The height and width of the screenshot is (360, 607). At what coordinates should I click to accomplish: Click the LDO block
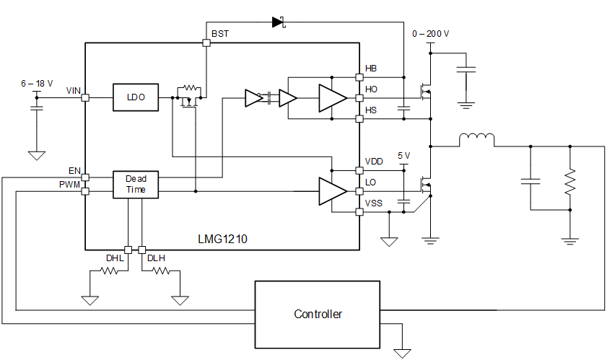(136, 97)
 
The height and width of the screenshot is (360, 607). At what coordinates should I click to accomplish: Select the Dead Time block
(136, 184)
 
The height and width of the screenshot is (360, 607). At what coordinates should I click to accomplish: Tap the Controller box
(318, 314)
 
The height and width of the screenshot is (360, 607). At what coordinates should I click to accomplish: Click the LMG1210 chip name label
(222, 238)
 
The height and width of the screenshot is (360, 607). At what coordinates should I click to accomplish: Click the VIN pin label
(73, 90)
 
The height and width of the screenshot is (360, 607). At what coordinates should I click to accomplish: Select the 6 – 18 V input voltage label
(37, 84)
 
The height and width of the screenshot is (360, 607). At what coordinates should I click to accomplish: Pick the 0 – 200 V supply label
(430, 34)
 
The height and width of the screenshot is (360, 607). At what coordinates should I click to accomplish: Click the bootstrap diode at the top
(279, 22)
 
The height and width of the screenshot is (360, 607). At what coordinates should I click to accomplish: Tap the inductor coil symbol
(476, 139)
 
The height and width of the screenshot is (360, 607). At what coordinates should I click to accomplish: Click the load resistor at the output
(569, 181)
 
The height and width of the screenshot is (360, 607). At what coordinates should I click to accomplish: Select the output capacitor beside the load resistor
(530, 181)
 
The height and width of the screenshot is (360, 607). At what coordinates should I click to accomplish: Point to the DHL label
(115, 258)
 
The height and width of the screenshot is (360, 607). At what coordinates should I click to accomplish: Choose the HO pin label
(371, 89)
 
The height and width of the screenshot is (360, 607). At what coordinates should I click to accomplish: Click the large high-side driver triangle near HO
(333, 98)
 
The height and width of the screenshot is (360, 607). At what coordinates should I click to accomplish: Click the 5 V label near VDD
(403, 156)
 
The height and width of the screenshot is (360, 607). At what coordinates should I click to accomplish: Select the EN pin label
(74, 171)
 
